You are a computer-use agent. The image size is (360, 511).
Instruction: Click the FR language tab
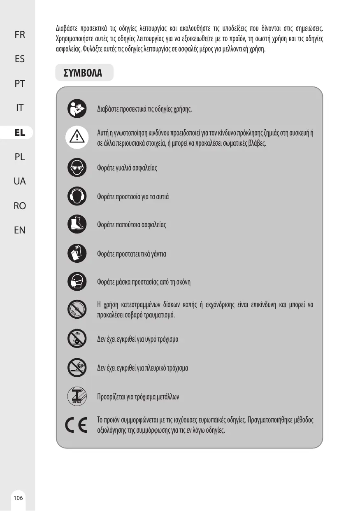click(19, 35)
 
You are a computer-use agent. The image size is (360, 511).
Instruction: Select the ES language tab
click(19, 59)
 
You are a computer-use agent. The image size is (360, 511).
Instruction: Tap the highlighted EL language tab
click(19, 133)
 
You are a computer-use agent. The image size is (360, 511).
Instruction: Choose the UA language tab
click(19, 181)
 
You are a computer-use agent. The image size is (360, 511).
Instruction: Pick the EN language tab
click(19, 230)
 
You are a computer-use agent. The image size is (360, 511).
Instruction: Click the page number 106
click(18, 498)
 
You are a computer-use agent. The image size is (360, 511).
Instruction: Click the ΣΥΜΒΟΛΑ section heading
click(82, 73)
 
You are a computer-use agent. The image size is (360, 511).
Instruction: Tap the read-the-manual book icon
click(77, 109)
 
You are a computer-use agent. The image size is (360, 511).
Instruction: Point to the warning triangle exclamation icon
click(77, 136)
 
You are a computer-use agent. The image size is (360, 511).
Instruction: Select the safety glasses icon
click(77, 168)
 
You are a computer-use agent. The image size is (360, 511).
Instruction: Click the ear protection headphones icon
click(77, 196)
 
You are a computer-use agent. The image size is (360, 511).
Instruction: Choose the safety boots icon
click(77, 225)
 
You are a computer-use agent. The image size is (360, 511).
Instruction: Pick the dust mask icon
click(77, 282)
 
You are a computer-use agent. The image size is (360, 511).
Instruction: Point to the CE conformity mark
click(77, 425)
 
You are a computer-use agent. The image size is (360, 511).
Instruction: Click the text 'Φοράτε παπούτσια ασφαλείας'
click(132, 225)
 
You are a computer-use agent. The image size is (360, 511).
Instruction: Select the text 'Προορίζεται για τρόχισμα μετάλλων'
click(138, 397)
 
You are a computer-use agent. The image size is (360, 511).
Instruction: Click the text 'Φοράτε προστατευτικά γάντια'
click(132, 254)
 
